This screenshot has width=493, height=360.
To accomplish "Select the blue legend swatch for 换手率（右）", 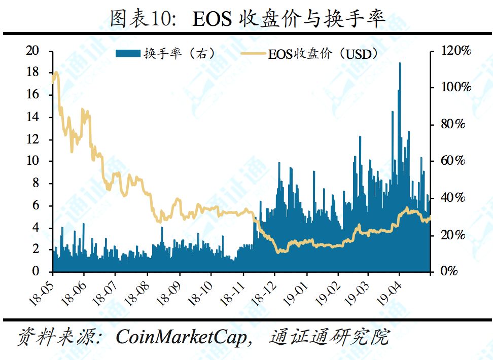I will (x=128, y=53).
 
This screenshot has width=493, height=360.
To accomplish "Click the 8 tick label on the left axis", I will (x=35, y=183).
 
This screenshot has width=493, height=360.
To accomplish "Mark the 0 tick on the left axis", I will (x=35, y=271).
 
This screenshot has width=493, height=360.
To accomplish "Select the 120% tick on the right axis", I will (x=457, y=51).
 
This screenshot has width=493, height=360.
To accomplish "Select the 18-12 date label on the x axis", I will (x=265, y=291).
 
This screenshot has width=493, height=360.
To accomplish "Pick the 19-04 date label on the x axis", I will (x=391, y=291).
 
